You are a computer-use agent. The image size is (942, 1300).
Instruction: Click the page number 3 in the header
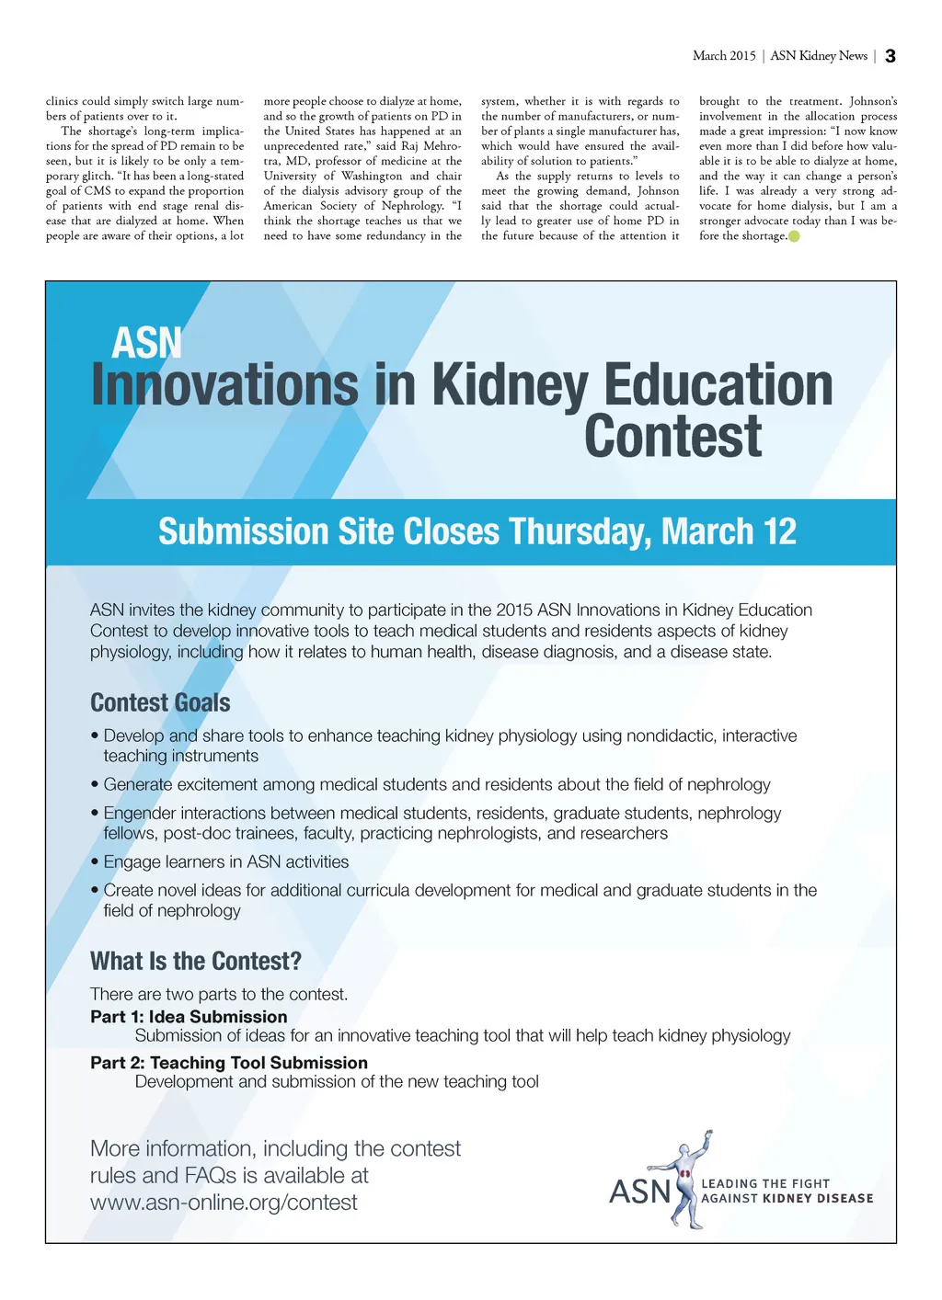(890, 56)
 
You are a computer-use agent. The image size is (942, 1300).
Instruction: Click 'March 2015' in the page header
(724, 56)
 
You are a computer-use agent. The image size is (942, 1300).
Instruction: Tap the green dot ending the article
(795, 236)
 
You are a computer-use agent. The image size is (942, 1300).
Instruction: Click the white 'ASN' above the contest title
(146, 343)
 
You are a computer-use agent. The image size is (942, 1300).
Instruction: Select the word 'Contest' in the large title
(672, 436)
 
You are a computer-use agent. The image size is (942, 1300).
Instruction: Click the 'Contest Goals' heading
(160, 702)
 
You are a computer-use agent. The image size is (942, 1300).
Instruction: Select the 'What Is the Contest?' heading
(196, 961)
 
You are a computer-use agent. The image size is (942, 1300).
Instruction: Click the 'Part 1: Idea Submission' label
(189, 1016)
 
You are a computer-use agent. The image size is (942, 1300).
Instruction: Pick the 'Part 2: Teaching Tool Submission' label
(229, 1062)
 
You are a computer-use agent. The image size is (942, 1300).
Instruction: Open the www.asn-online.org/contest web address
(224, 1203)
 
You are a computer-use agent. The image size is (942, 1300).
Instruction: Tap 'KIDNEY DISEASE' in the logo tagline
(818, 1198)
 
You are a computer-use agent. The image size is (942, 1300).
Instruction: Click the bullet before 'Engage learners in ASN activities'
(95, 862)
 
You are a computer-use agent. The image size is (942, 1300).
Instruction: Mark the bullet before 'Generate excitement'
(95, 785)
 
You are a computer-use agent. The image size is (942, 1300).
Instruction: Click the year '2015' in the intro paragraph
(514, 610)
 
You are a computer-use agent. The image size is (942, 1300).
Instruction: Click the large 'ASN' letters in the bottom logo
(640, 1192)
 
